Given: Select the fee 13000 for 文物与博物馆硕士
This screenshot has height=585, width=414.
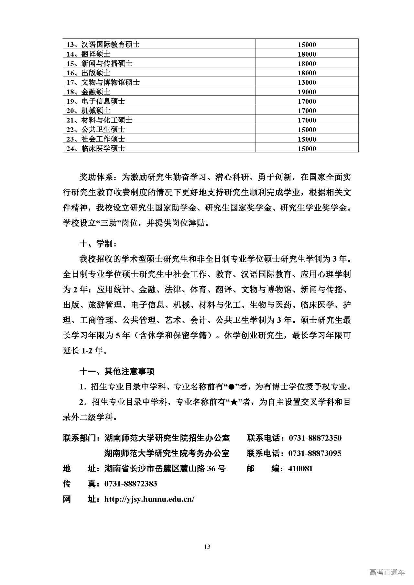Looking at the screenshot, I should (307, 82).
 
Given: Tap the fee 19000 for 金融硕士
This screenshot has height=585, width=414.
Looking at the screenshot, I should (307, 92).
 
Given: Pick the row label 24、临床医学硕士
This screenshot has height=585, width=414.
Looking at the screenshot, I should (95, 149).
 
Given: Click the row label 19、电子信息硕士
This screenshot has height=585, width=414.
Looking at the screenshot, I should (95, 101).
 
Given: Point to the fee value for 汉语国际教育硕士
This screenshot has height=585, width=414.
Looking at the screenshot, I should (307, 45).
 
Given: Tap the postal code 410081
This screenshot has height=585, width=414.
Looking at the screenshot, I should (300, 469).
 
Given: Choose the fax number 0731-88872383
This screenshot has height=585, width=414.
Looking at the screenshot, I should (131, 484).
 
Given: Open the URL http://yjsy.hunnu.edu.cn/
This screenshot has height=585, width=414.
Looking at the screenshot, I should (149, 499).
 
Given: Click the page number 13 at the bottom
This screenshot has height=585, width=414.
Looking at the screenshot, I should (207, 547).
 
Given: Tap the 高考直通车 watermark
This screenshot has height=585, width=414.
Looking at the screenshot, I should (387, 572).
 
